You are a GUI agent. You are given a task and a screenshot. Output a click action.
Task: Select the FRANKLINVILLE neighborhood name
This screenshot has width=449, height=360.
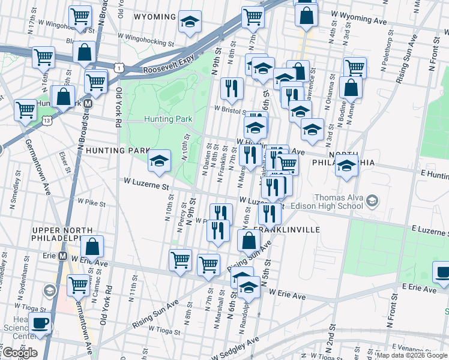pyautogui.click(x=286, y=230)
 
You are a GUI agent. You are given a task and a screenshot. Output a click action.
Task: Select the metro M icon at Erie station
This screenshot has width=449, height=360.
pyautogui.click(x=62, y=256)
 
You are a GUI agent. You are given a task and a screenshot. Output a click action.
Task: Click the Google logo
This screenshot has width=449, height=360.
pyautogui.click(x=19, y=353)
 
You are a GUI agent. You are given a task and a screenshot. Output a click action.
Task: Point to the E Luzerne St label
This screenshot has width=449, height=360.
pyautogui.click(x=429, y=230)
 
